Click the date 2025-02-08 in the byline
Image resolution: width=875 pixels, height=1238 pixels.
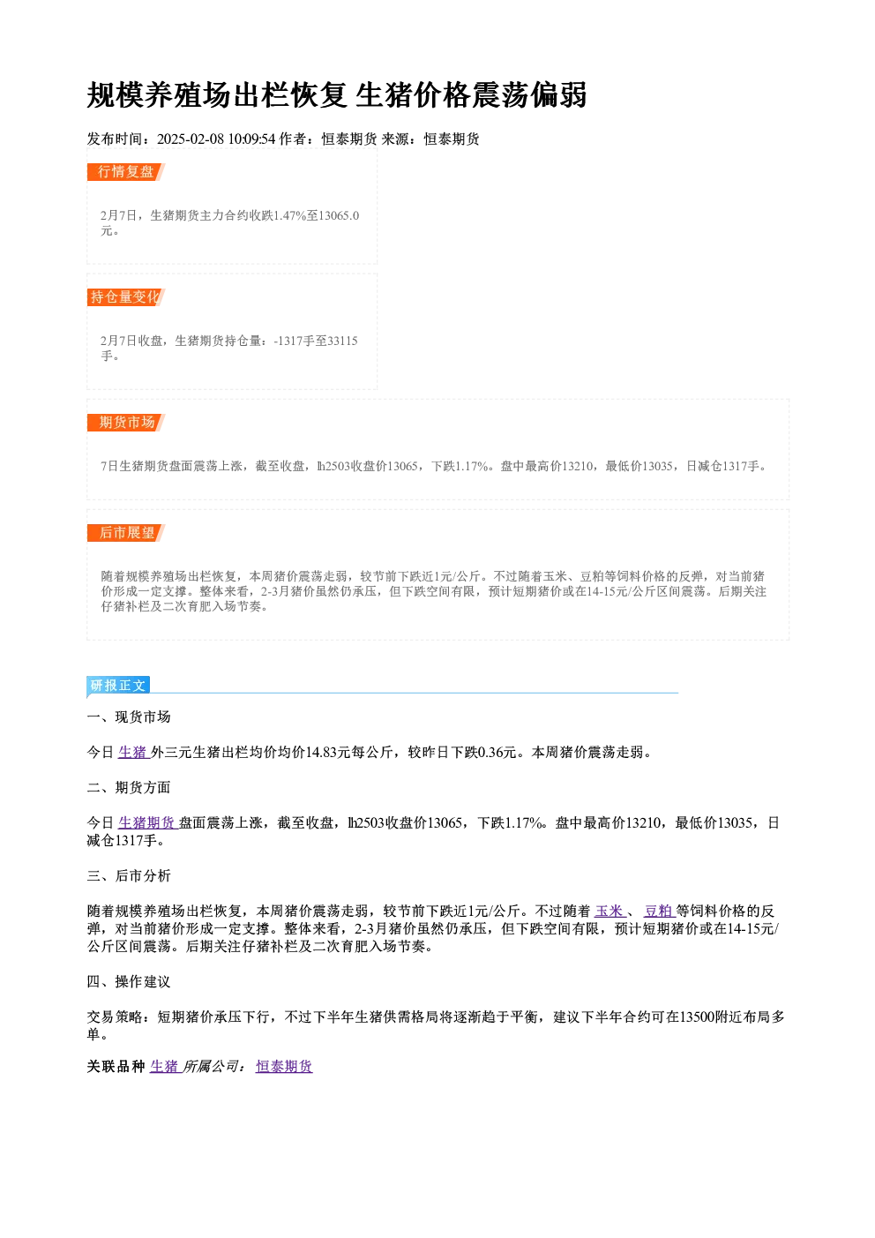(x=191, y=139)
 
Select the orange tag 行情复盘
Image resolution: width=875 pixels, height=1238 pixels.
(x=126, y=172)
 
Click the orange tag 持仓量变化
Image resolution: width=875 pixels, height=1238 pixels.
(x=126, y=297)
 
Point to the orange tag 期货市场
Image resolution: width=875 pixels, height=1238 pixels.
(x=126, y=423)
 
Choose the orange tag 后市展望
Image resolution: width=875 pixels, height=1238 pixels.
(x=126, y=533)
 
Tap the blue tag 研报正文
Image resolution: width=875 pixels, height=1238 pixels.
(x=118, y=686)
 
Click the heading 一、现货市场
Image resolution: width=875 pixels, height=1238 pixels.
(x=129, y=717)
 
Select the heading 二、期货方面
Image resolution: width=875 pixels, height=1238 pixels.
(x=129, y=788)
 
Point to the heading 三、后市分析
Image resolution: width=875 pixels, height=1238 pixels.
(x=129, y=876)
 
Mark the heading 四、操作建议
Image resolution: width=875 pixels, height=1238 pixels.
(x=129, y=982)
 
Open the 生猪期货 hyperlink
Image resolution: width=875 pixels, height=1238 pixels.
(x=147, y=823)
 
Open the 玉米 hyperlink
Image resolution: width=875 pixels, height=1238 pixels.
(x=610, y=912)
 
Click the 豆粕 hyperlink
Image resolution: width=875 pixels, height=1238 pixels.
(x=659, y=912)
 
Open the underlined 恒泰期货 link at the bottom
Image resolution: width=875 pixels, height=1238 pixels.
(x=284, y=1067)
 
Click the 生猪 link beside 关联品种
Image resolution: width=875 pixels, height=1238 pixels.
(x=165, y=1067)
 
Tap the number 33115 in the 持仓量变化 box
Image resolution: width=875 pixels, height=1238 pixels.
(x=342, y=341)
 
